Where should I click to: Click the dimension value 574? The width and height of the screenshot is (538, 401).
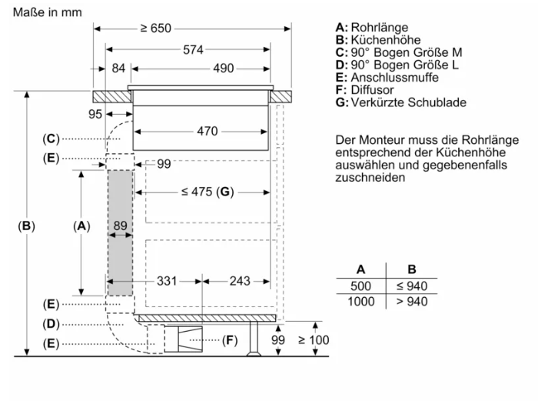pyautogui.click(x=193, y=49)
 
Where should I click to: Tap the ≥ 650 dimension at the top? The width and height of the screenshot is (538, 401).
pyautogui.click(x=156, y=28)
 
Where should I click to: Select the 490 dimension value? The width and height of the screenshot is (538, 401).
pyautogui.click(x=223, y=69)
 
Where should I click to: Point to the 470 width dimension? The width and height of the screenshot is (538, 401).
pyautogui.click(x=208, y=131)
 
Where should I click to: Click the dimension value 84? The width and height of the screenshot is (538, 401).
pyautogui.click(x=118, y=69)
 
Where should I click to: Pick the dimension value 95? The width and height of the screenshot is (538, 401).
pyautogui.click(x=95, y=114)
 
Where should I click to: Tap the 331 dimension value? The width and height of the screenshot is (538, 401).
pyautogui.click(x=168, y=281)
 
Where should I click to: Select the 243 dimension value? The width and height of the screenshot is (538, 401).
pyautogui.click(x=240, y=281)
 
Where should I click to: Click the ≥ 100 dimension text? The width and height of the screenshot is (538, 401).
pyautogui.click(x=313, y=339)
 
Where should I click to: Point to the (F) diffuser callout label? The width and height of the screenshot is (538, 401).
pyautogui.click(x=229, y=340)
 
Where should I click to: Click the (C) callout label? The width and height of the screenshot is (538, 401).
pyautogui.click(x=51, y=139)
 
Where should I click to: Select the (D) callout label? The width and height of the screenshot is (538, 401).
pyautogui.click(x=51, y=324)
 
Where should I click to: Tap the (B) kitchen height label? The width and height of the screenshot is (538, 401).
pyautogui.click(x=27, y=226)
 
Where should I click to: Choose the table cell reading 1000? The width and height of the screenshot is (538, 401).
pyautogui.click(x=361, y=302)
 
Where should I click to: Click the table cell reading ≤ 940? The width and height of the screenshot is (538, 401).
pyautogui.click(x=412, y=286)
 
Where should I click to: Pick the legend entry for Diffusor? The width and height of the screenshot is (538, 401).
pyautogui.click(x=365, y=90)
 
